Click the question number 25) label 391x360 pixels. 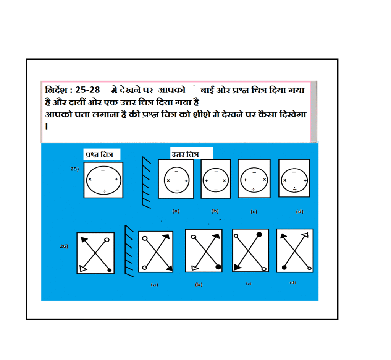74,169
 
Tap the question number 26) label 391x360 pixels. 64,246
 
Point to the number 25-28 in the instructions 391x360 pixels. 87,90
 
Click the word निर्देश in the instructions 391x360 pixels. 56,90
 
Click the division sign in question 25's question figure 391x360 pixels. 105,191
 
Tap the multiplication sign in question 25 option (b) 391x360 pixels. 225,181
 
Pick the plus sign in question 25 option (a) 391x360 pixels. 186,181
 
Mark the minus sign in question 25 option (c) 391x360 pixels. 254,172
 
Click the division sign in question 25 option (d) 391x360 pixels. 295,190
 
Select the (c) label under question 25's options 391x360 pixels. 254,212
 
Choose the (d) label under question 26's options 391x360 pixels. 293,282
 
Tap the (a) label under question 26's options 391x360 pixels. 154,285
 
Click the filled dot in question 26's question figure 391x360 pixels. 109,270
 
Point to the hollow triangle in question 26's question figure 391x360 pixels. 83,268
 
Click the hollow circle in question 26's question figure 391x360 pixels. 107,240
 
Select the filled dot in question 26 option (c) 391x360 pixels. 259,234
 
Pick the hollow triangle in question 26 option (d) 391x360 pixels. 305,235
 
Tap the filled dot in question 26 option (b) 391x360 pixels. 218,267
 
